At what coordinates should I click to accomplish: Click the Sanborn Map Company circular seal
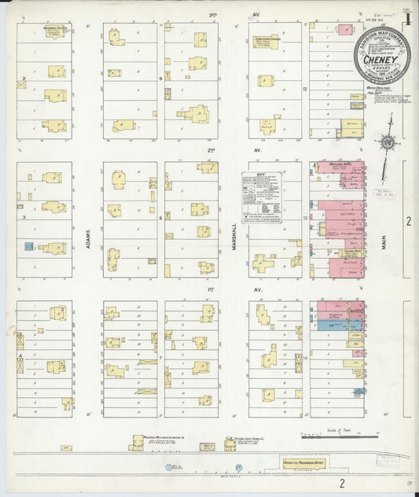point(382,56)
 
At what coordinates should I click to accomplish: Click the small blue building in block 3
point(28,247)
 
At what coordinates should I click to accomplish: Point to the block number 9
point(160,79)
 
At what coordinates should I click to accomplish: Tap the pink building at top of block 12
point(345,29)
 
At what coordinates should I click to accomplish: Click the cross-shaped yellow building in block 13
point(263,263)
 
